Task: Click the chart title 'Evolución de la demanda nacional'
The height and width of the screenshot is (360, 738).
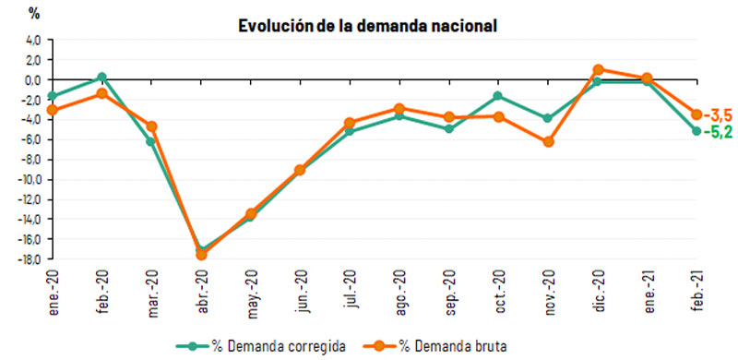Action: [368, 25]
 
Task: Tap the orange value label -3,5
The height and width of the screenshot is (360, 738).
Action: [719, 115]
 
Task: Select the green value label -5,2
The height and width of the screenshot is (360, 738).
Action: [719, 132]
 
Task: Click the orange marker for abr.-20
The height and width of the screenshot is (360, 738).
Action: [201, 254]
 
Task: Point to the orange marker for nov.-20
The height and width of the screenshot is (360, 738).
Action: [549, 142]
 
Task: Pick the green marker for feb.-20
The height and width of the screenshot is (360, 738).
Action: [101, 77]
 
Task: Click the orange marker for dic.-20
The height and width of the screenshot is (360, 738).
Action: [598, 69]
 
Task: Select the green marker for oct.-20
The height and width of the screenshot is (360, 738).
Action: [498, 96]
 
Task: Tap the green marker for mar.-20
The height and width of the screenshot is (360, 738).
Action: [151, 141]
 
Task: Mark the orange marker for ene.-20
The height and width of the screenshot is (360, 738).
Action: [52, 110]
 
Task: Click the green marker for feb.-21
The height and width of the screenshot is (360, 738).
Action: [697, 131]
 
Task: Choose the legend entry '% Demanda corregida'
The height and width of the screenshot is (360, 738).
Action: [268, 346]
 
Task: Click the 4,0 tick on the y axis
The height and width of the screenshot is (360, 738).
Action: [33, 40]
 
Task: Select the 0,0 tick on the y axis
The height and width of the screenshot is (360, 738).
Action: [33, 79]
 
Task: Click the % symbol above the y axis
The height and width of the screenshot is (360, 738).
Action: [35, 13]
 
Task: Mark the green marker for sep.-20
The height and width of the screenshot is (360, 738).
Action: [449, 128]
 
